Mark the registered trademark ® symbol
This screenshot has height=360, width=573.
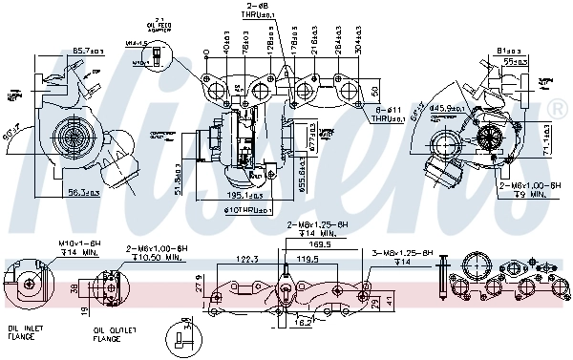tap(555, 107)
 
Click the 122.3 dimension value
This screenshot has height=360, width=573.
tap(248, 257)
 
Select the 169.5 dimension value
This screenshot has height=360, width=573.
tap(322, 244)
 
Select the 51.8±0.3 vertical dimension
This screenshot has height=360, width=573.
tap(179, 180)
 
